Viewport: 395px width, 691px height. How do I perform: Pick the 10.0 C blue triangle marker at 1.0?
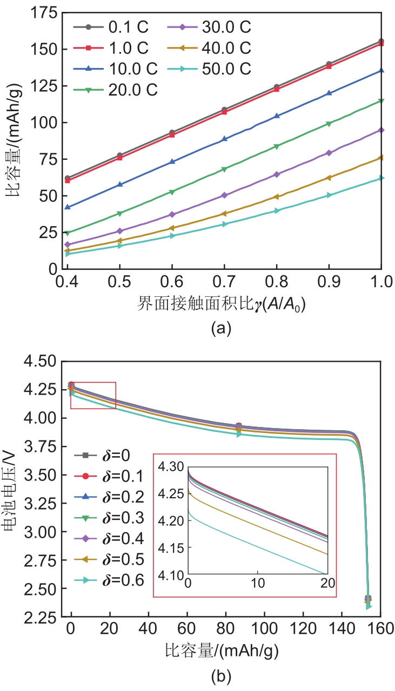point(381,70)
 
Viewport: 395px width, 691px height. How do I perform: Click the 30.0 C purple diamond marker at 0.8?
point(277,174)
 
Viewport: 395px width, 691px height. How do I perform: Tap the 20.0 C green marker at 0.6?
point(172,192)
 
